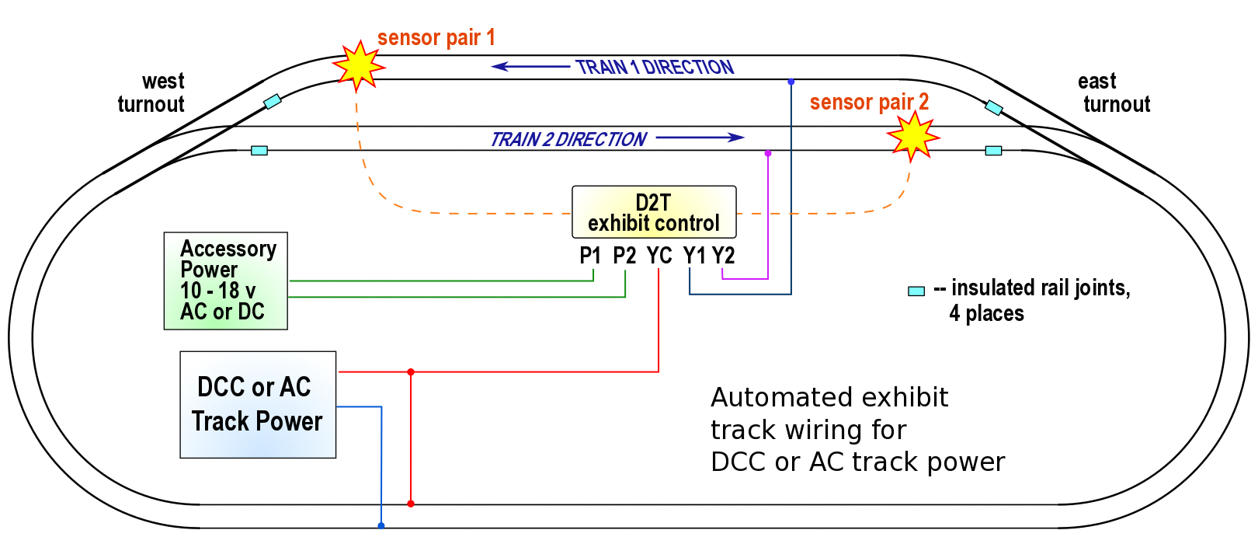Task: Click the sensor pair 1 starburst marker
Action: coord(359,66)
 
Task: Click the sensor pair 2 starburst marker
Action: coord(913,136)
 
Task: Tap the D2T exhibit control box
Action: coord(654,212)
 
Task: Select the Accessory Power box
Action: coord(226,281)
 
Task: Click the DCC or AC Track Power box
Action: coord(258,404)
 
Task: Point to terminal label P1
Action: coord(591,256)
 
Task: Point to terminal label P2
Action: coord(624,256)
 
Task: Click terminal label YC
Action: coord(659,256)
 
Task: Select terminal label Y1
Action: coord(694,256)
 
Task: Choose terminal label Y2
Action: coord(724,256)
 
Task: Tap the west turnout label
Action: coord(152,92)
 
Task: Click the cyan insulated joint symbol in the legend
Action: coord(916,291)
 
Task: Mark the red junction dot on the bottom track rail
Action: coord(411,504)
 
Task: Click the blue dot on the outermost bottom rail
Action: coord(381,526)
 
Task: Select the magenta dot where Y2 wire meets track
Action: coord(768,154)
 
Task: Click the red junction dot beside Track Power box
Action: coord(411,372)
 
